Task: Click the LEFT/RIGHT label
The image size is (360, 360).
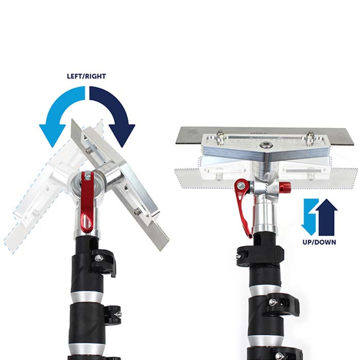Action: (x=86, y=76)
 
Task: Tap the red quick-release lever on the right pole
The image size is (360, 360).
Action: (x=244, y=206)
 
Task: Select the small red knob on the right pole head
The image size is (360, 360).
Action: (x=284, y=186)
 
